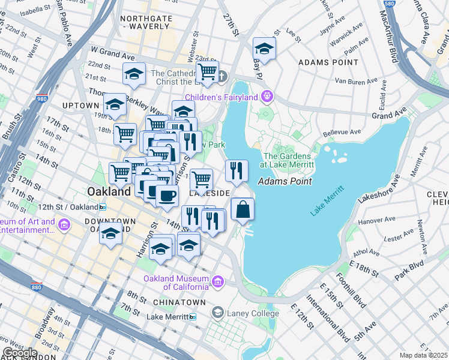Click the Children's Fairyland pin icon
click(267, 97)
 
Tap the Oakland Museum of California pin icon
click(218, 281)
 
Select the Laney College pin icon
click(218, 313)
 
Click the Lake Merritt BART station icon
click(193, 317)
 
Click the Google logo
click(20, 353)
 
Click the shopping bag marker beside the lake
click(243, 209)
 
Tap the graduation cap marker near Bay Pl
click(264, 48)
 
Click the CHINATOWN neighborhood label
click(179, 302)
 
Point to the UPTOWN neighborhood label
click(79, 105)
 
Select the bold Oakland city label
click(109, 192)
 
